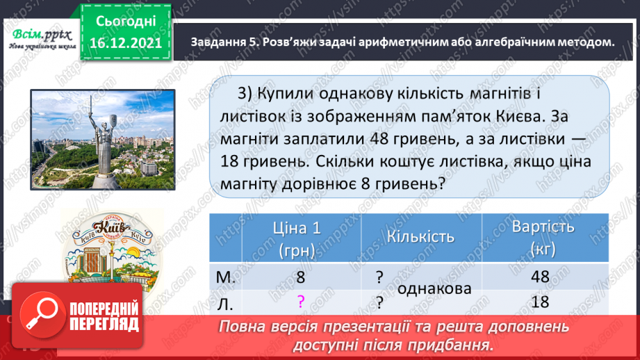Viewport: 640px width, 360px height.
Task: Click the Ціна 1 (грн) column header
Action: (x=300, y=238)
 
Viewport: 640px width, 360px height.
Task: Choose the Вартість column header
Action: (x=543, y=236)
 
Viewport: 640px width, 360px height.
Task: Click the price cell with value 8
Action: (x=300, y=277)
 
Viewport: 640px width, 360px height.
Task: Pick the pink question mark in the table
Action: (x=300, y=302)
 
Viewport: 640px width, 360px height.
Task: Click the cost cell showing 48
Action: (x=539, y=277)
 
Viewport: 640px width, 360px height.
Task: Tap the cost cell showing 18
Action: (x=539, y=302)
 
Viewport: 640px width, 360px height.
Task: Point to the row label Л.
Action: (x=226, y=302)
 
